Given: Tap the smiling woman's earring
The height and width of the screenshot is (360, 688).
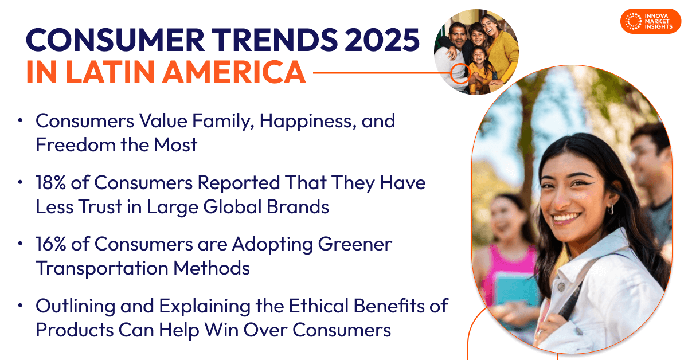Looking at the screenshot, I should point(611,210).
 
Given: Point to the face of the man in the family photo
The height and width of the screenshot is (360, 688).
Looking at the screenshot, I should point(458,35).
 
